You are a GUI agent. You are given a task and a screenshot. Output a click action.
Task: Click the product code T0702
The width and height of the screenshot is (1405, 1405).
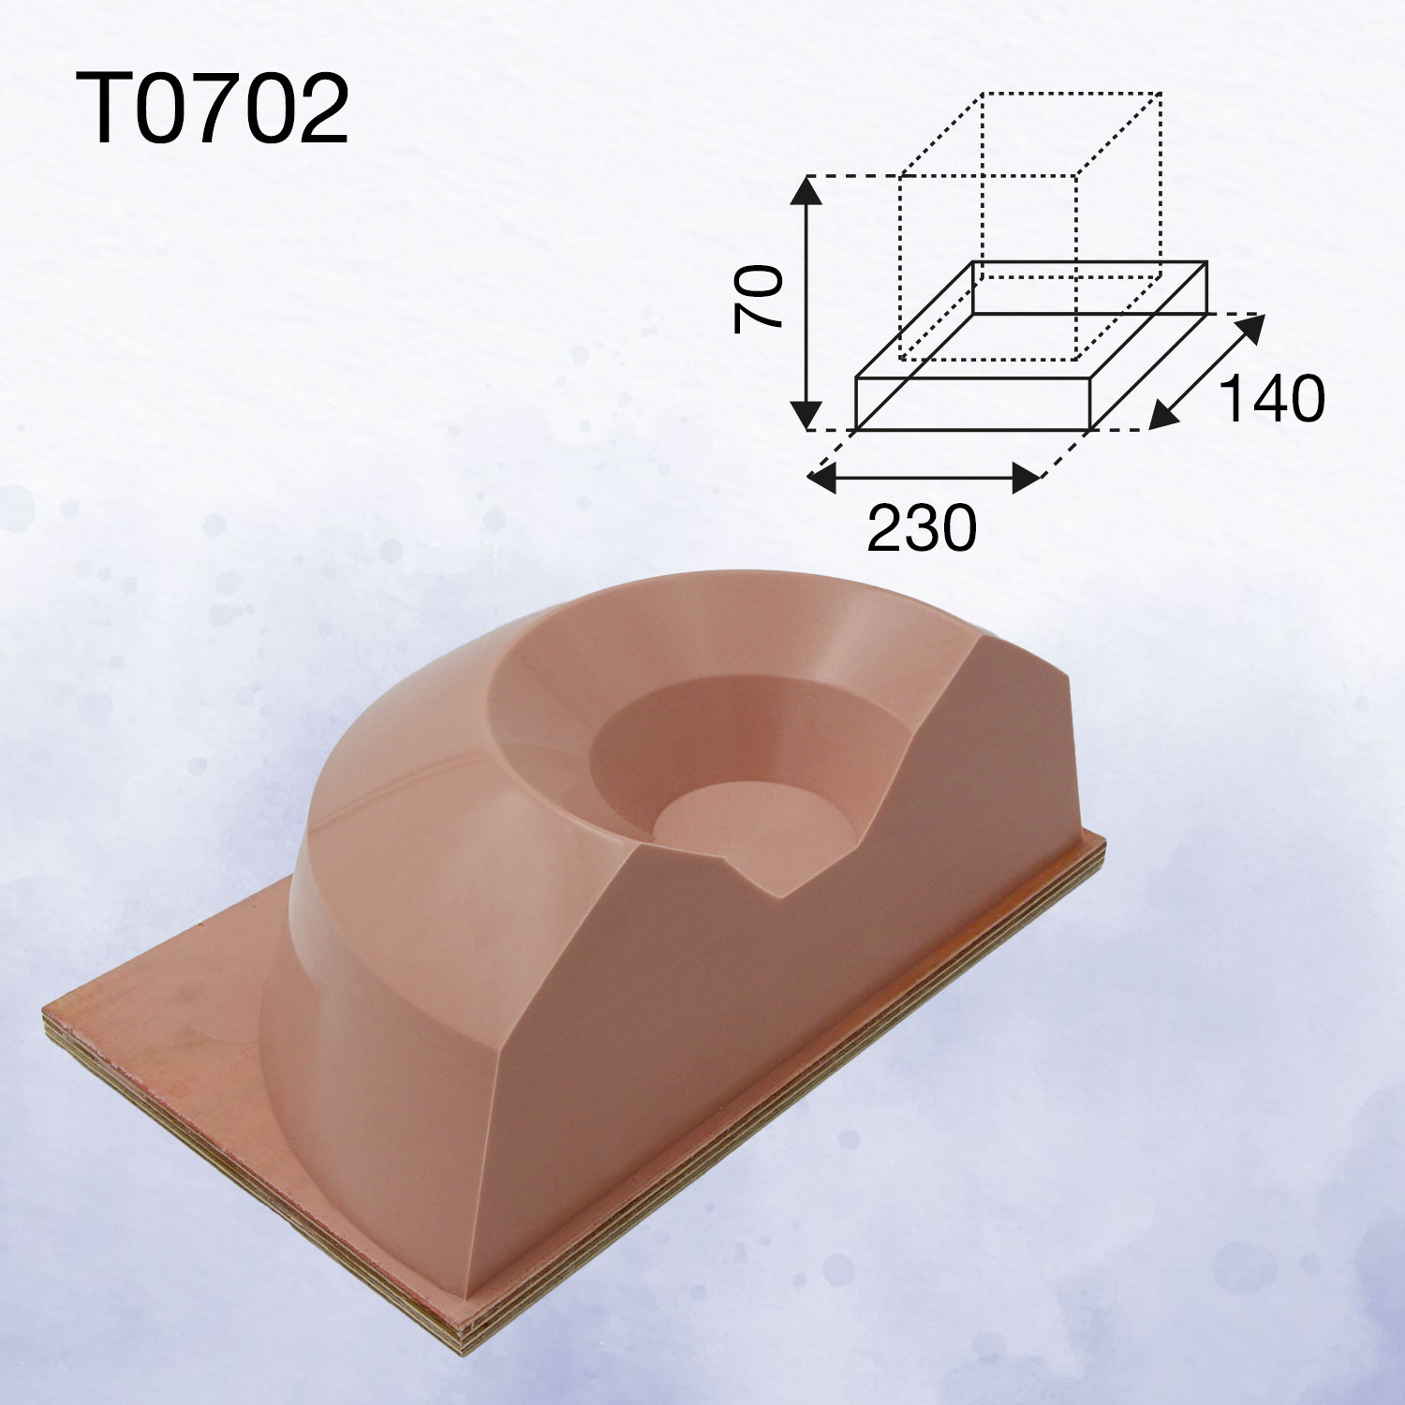point(211,110)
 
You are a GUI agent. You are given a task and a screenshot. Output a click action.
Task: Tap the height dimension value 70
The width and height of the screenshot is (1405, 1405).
point(759,298)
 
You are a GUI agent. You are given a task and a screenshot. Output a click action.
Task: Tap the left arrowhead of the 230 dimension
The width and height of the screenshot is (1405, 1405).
point(821,479)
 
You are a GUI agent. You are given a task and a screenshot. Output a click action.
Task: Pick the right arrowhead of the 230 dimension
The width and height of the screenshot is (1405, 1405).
point(1027,479)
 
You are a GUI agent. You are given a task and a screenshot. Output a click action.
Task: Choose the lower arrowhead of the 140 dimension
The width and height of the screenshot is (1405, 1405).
point(1162,415)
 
